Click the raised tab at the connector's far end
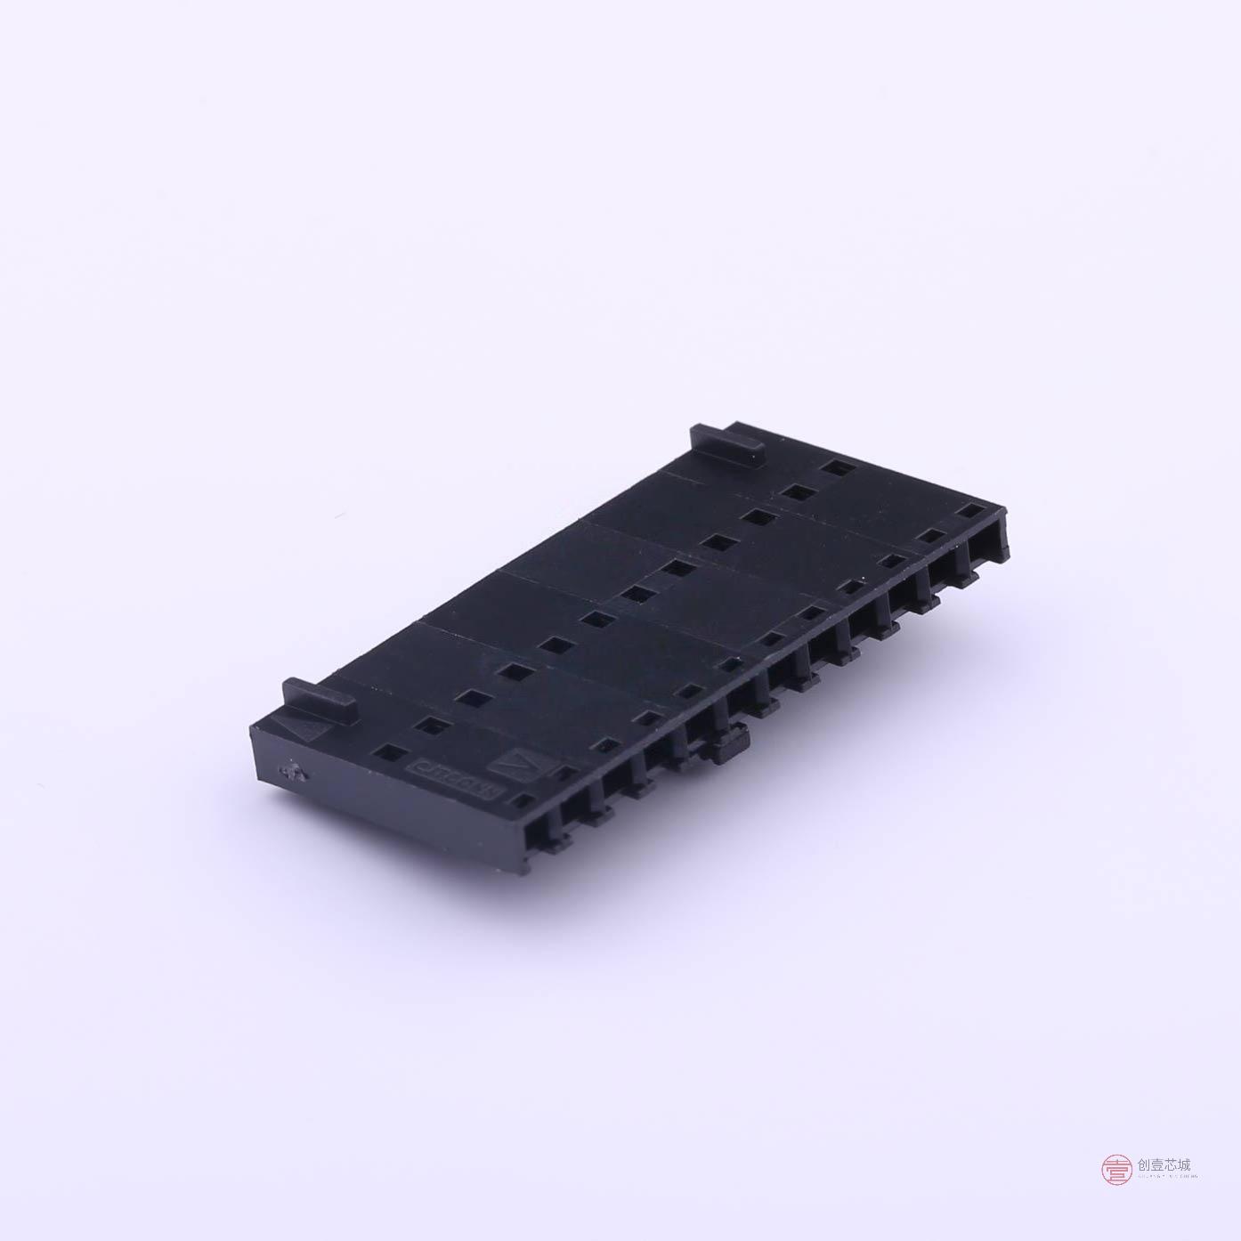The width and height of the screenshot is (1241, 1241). point(728,442)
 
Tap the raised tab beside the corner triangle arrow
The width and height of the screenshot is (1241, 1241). point(320,698)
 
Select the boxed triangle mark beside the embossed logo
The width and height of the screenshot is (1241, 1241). point(515,763)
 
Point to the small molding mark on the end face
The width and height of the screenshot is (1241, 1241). point(290,772)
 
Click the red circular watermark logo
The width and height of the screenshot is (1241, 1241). point(1116,1169)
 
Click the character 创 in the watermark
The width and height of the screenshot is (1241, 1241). point(1145,1164)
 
